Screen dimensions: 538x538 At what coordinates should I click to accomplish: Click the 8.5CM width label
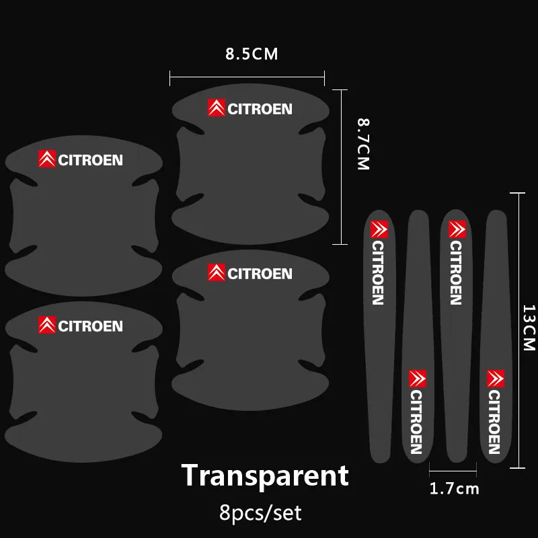[x=252, y=54]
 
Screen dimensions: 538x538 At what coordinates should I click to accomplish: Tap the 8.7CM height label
[x=364, y=145]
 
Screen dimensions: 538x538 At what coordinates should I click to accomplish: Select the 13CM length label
[x=529, y=328]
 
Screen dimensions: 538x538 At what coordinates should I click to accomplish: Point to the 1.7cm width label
[x=455, y=489]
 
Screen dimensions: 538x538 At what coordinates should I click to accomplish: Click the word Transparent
[x=265, y=475]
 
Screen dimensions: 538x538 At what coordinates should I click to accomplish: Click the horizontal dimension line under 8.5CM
[x=247, y=80]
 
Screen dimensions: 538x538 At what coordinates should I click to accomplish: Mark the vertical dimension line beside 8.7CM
[x=344, y=166]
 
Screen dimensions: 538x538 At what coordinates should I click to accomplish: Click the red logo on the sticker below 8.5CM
[x=217, y=108]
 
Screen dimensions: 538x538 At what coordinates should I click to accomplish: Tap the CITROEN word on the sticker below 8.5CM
[x=260, y=109]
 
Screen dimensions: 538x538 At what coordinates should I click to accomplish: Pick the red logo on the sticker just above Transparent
[x=217, y=272]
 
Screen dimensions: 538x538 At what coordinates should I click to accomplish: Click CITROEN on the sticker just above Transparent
[x=260, y=274]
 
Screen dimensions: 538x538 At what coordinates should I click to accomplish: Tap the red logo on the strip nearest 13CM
[x=496, y=378]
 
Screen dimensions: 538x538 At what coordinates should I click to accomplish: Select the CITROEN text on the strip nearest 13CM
[x=494, y=422]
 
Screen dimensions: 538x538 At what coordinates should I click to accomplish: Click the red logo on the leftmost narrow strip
[x=379, y=229]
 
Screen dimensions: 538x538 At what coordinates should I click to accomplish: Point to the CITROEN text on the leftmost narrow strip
[x=378, y=272]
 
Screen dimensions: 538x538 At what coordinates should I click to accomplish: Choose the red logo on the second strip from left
[x=418, y=378]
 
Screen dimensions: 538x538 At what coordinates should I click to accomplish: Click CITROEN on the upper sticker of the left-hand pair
[x=90, y=160]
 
